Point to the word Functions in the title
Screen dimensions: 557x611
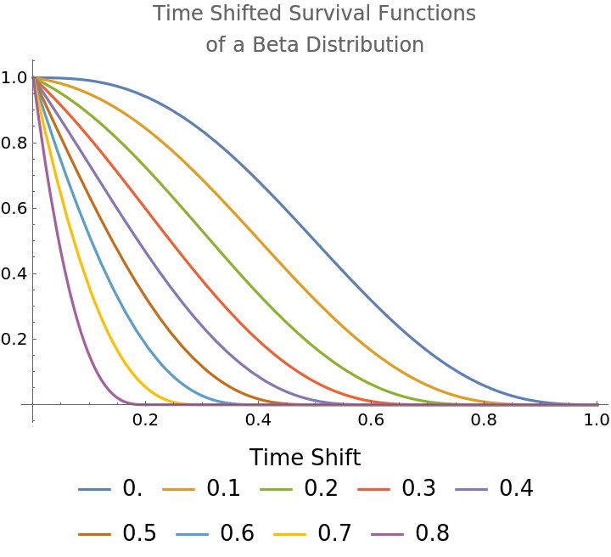[x=423, y=14]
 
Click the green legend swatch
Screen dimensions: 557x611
[x=276, y=489]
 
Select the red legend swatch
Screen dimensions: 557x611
[x=373, y=489]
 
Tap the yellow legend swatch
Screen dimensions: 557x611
[x=289, y=534]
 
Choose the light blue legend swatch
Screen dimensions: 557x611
[x=192, y=534]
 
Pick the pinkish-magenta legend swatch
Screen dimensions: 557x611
[x=387, y=534]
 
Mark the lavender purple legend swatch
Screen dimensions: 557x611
[x=471, y=489]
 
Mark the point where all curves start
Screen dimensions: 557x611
[x=33, y=78]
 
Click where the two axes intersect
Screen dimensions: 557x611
[x=33, y=404]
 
